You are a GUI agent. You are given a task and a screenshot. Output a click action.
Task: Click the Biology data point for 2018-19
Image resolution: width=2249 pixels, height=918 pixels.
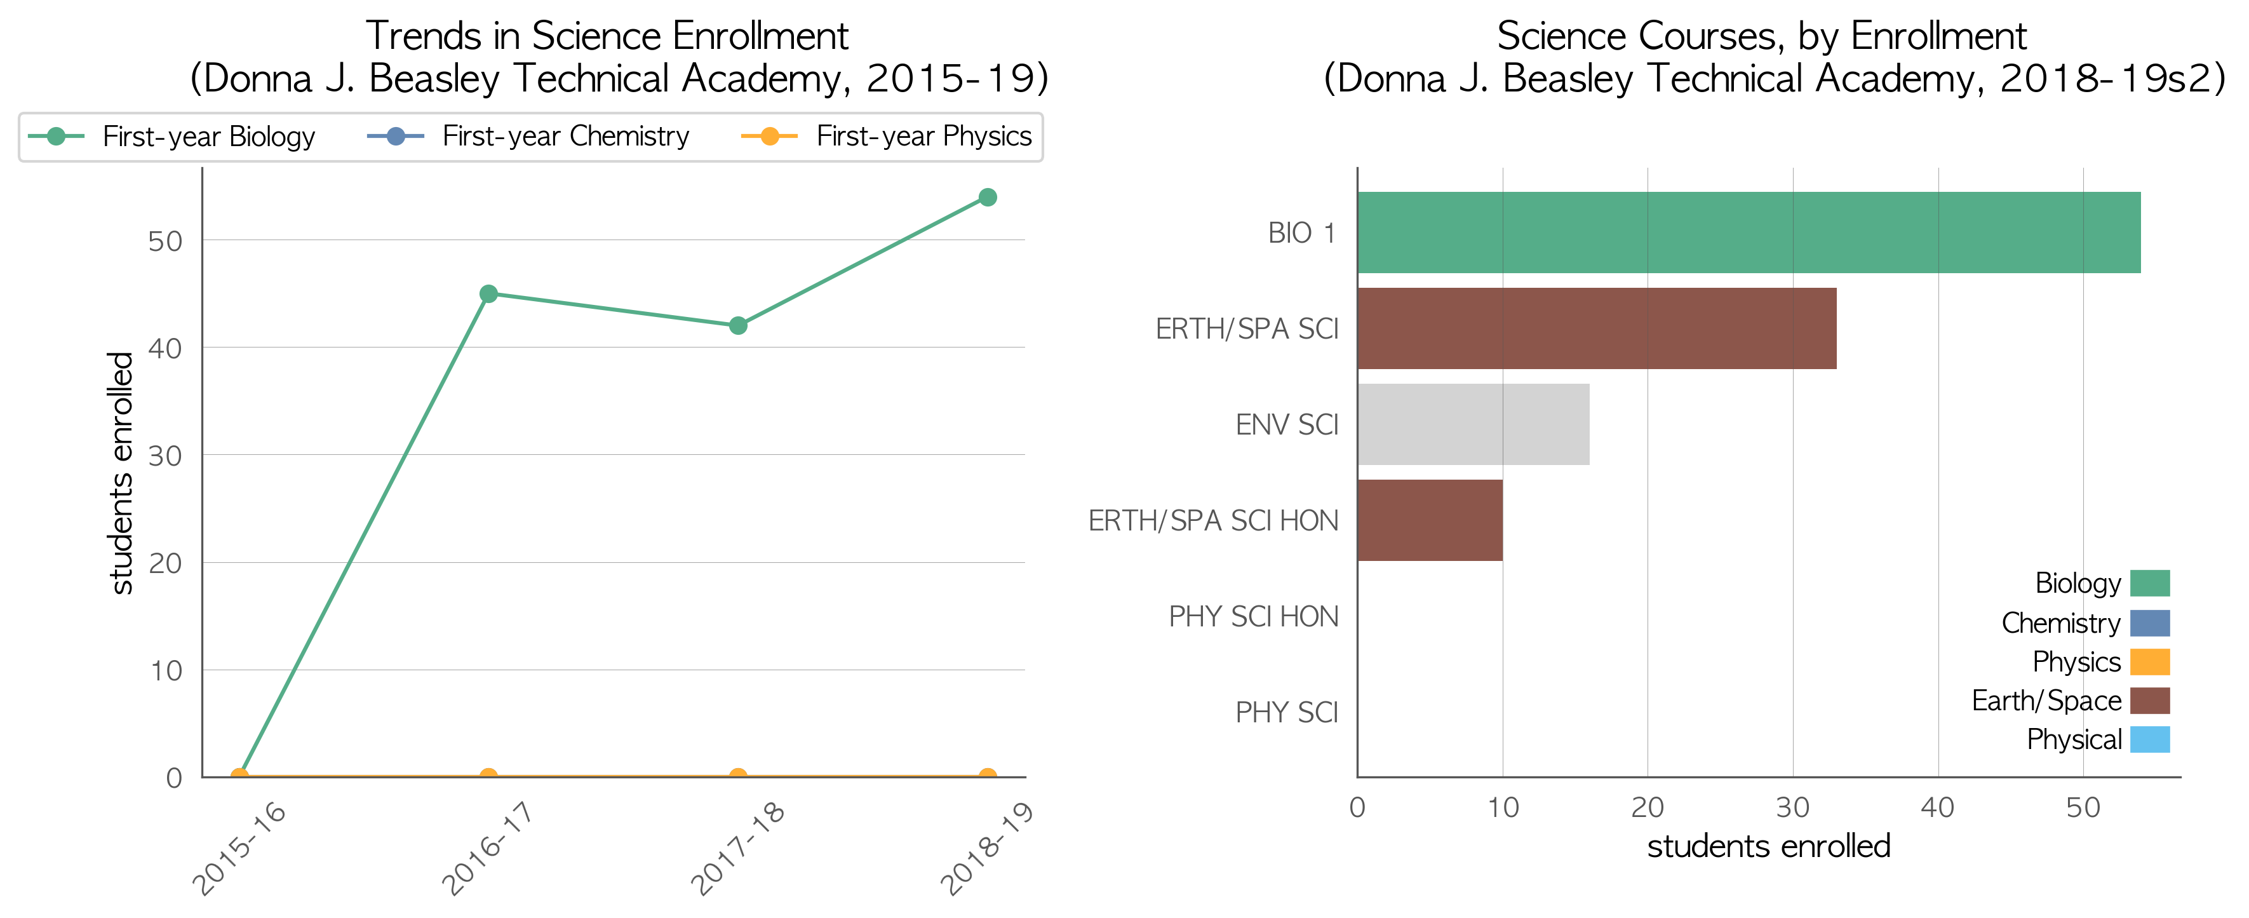tap(988, 198)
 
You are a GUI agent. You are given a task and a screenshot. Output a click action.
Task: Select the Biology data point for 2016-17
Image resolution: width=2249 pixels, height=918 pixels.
tap(489, 294)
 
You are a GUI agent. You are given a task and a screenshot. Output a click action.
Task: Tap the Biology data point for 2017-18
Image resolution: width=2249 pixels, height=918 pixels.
tap(738, 326)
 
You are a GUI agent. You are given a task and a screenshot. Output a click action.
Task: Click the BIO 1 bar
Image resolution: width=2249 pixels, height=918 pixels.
tap(1749, 233)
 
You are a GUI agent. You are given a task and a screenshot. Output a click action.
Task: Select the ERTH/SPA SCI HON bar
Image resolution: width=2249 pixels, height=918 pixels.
tap(1430, 520)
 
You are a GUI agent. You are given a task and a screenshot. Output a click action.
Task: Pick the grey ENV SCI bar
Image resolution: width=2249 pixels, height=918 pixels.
tap(1474, 424)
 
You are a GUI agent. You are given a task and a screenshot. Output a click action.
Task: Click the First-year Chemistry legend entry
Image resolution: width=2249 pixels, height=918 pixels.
tap(528, 136)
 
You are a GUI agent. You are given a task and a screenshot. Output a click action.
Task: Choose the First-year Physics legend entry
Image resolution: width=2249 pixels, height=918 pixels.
tap(886, 136)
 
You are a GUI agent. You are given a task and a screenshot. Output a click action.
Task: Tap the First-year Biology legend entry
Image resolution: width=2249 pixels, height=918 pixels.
tap(171, 136)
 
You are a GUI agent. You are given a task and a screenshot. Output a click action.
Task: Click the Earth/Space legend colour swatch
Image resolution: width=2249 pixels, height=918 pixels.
tap(2149, 701)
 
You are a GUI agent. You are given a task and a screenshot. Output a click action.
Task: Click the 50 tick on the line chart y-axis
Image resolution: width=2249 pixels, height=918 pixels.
tap(165, 241)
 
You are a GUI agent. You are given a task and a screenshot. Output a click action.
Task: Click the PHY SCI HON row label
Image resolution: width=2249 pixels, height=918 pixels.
tap(1253, 617)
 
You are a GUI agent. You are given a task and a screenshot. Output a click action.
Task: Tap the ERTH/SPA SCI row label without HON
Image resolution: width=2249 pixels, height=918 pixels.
tap(1247, 328)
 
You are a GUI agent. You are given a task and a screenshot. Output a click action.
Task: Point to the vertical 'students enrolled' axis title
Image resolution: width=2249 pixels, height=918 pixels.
tap(121, 473)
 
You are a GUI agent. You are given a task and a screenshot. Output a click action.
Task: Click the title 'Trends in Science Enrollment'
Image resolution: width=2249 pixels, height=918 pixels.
tap(607, 36)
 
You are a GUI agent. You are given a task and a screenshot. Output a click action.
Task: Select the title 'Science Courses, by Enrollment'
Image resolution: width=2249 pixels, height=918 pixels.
tap(1762, 36)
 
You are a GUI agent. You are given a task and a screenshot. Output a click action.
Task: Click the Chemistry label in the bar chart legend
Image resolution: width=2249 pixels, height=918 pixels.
tap(2060, 623)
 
